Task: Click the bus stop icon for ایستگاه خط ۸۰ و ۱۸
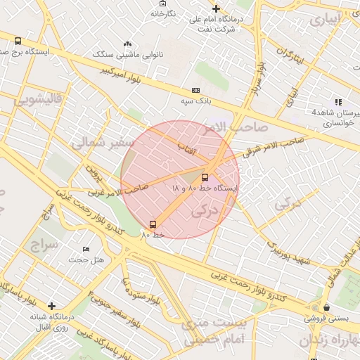pyautogui.click(x=205, y=177)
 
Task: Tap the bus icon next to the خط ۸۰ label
pyautogui.click(x=153, y=224)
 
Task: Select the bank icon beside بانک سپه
pyautogui.click(x=195, y=91)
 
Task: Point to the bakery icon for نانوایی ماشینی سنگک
pyautogui.click(x=127, y=44)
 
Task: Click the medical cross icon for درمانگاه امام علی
pyautogui.click(x=217, y=9)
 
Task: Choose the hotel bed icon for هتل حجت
pyautogui.click(x=86, y=250)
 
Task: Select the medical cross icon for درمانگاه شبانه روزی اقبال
pyautogui.click(x=51, y=306)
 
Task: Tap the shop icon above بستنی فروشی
pyautogui.click(x=327, y=307)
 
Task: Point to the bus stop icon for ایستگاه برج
pyautogui.click(x=17, y=41)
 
